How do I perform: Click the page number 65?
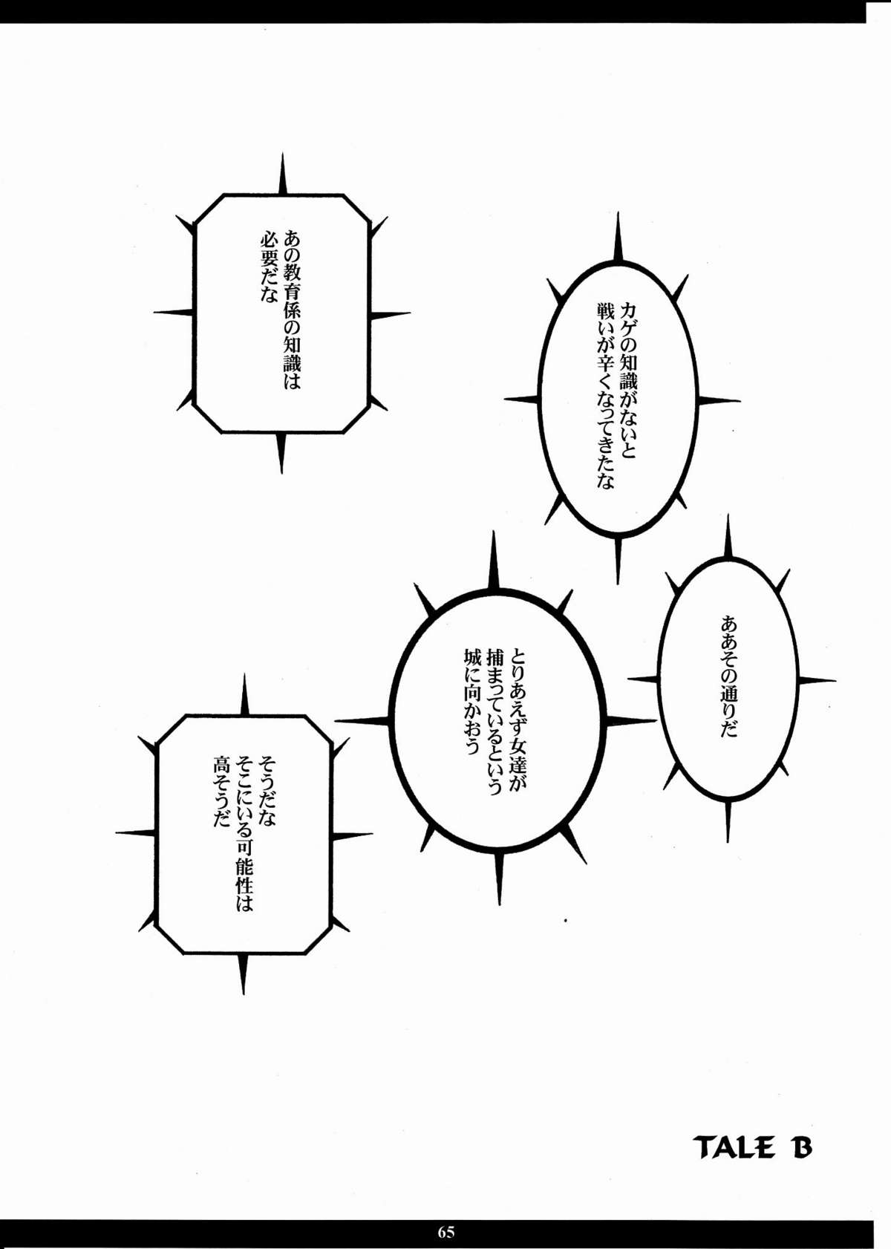click(x=446, y=1232)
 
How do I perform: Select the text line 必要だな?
click(x=269, y=267)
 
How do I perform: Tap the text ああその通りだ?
click(x=728, y=676)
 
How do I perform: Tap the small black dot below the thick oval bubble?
click(x=565, y=921)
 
